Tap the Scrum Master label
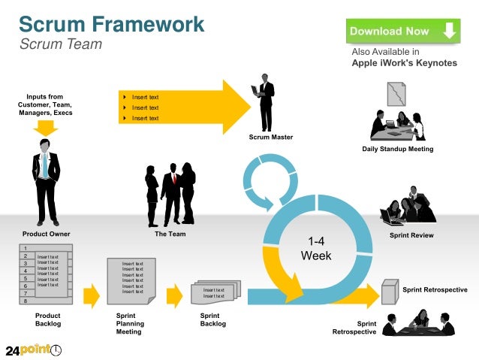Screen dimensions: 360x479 tap(271, 137)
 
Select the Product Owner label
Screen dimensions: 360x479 tap(46, 234)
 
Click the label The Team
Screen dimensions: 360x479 tap(170, 234)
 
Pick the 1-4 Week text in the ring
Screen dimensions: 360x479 tap(315, 249)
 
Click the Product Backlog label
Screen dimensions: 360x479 tap(48, 320)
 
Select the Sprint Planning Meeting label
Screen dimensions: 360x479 tap(130, 323)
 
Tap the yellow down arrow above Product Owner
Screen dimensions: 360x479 tap(46, 127)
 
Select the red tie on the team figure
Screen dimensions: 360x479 tap(174, 178)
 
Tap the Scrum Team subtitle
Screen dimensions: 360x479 tap(60, 44)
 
